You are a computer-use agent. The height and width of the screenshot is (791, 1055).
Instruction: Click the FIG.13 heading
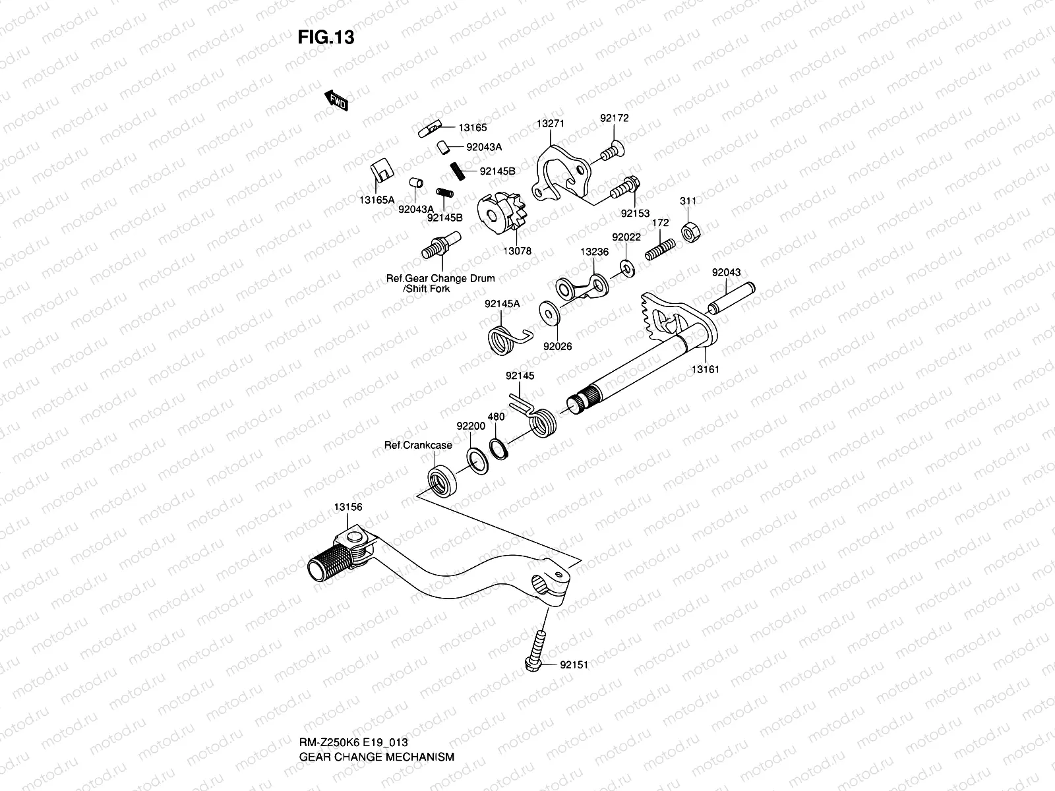click(326, 37)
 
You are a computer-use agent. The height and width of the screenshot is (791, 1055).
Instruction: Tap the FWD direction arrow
click(336, 100)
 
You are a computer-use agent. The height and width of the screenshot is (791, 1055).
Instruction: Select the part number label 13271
click(551, 123)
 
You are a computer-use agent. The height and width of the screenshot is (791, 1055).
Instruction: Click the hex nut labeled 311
click(690, 233)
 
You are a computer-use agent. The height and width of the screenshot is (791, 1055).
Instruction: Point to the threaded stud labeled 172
click(660, 250)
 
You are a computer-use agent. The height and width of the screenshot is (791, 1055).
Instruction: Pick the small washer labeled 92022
click(627, 268)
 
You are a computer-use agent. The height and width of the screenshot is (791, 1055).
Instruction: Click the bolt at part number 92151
click(536, 651)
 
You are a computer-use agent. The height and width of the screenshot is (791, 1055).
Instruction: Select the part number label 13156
click(348, 507)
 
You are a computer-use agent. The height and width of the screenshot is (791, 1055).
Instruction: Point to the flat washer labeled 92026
click(549, 313)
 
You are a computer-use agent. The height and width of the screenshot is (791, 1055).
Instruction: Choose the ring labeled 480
click(499, 449)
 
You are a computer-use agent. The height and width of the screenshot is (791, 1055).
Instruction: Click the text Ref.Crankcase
click(418, 445)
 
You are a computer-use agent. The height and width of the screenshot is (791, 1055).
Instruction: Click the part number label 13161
click(705, 369)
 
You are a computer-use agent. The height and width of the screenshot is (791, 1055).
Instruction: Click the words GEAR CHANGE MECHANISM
click(377, 757)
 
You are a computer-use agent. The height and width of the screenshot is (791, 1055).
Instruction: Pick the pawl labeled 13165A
click(382, 170)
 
